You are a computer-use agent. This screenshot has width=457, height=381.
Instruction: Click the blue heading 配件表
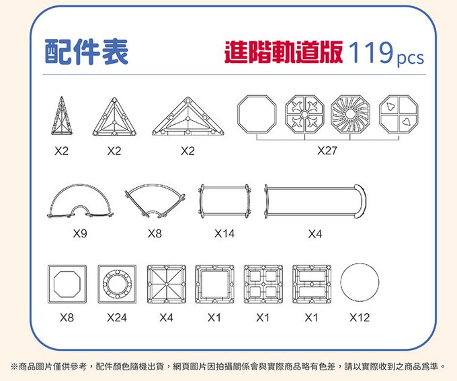tap(86, 52)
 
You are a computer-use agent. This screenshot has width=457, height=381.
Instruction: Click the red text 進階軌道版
tap(285, 52)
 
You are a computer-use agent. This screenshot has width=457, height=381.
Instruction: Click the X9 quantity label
tap(80, 234)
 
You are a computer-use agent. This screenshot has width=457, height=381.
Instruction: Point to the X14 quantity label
tap(224, 234)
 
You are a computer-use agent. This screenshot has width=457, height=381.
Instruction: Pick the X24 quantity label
tap(116, 317)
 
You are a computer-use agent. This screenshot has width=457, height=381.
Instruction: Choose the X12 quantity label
tap(360, 317)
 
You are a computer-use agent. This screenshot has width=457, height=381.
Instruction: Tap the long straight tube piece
tap(316, 201)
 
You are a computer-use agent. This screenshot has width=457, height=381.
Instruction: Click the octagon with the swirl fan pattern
tap(350, 114)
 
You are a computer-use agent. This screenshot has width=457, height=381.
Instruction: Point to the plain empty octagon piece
tap(257, 114)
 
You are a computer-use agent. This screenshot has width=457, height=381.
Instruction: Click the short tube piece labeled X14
tap(224, 201)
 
